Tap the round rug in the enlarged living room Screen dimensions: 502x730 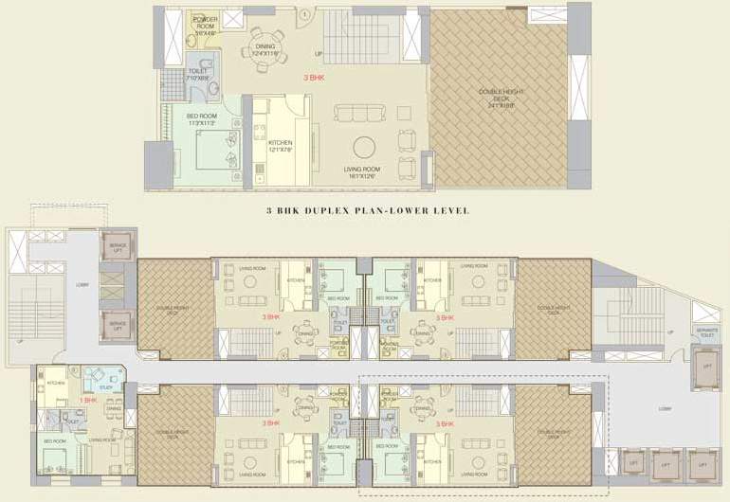[x=364, y=149]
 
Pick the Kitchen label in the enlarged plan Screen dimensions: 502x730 [x=281, y=145]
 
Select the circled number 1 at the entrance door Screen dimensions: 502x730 [x=305, y=13]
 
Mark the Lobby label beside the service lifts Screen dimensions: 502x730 [x=82, y=282]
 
